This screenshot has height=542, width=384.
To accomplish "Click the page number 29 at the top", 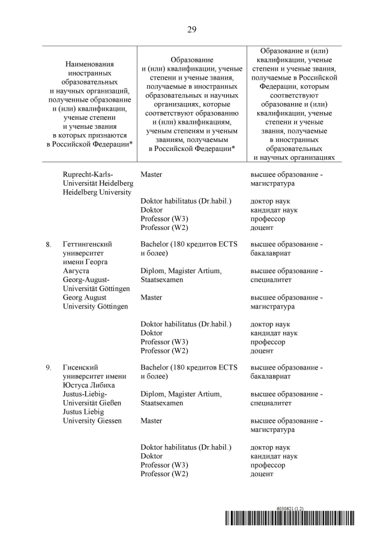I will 192,29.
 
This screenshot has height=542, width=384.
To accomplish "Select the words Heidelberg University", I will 97,192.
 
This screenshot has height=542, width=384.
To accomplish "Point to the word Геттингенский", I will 87,244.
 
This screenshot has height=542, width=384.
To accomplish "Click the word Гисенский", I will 80,367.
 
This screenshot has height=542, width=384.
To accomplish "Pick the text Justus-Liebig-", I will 85,394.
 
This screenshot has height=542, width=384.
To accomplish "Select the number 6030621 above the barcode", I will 287,508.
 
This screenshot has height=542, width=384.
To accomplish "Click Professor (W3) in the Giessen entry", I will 164,465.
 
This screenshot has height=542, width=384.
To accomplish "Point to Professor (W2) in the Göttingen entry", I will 164,350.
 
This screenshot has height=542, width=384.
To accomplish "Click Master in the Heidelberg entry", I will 151,174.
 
